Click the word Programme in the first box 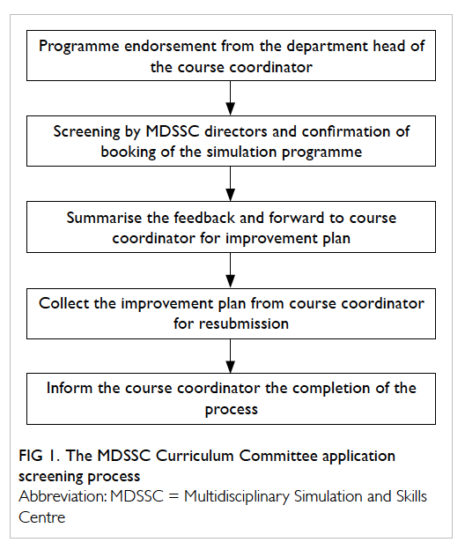79,47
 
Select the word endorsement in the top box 170,46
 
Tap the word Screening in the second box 87,132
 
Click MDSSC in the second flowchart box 173,131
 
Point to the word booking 129,152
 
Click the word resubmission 244,323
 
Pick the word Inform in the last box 70,389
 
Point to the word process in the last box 232,410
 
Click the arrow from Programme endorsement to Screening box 230,98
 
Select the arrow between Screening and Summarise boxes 230,183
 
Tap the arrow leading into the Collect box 230,270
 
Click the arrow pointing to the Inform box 230,356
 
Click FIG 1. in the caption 40,456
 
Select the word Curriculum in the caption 195,456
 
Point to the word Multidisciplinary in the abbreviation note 237,497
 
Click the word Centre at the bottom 42,517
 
